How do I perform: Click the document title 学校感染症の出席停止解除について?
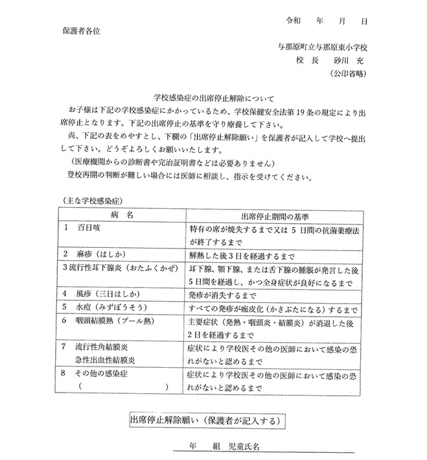[x=211, y=95]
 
